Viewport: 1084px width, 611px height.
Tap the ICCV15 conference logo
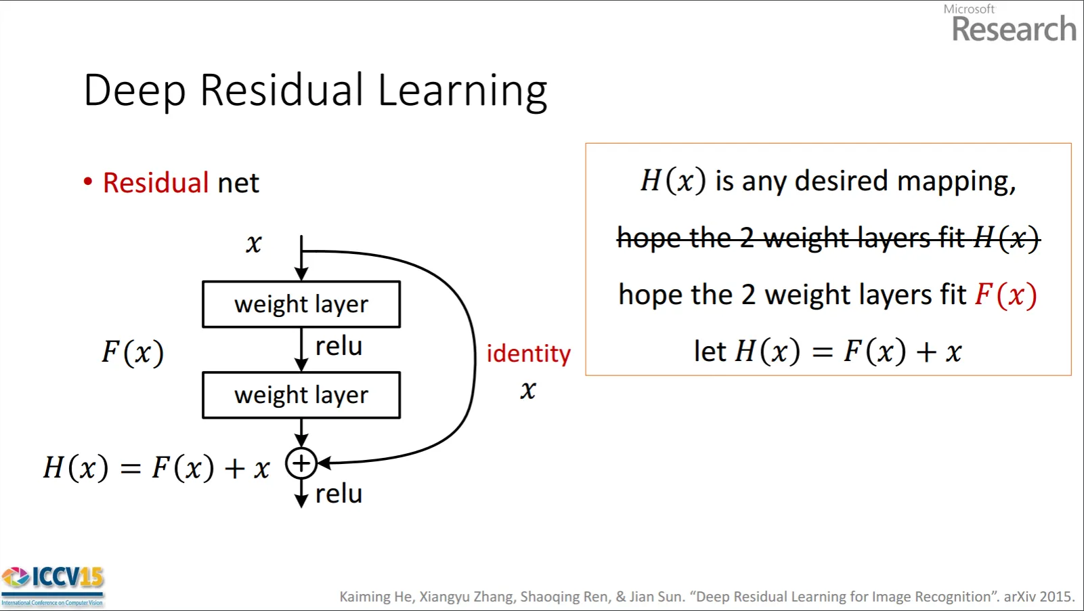click(52, 586)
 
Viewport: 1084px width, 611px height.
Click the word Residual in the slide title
click(281, 91)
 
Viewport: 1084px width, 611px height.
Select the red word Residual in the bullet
click(155, 182)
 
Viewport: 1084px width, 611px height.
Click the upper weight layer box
click(301, 304)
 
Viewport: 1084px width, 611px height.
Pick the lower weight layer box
click(301, 395)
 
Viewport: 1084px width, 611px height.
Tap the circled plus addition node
click(301, 463)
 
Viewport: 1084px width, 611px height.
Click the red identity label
click(528, 354)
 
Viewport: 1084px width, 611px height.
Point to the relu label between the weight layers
click(339, 347)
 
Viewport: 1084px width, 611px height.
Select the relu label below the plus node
click(339, 494)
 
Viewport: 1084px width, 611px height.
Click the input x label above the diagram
click(254, 243)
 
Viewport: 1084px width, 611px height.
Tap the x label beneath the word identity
click(528, 389)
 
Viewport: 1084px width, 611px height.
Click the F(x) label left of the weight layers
click(133, 352)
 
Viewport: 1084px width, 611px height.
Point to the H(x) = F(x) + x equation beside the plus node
click(156, 467)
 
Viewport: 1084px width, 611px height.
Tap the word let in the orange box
click(710, 351)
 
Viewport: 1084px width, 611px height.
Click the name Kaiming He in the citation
click(376, 597)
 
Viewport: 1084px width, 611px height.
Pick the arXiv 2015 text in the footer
click(1039, 597)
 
